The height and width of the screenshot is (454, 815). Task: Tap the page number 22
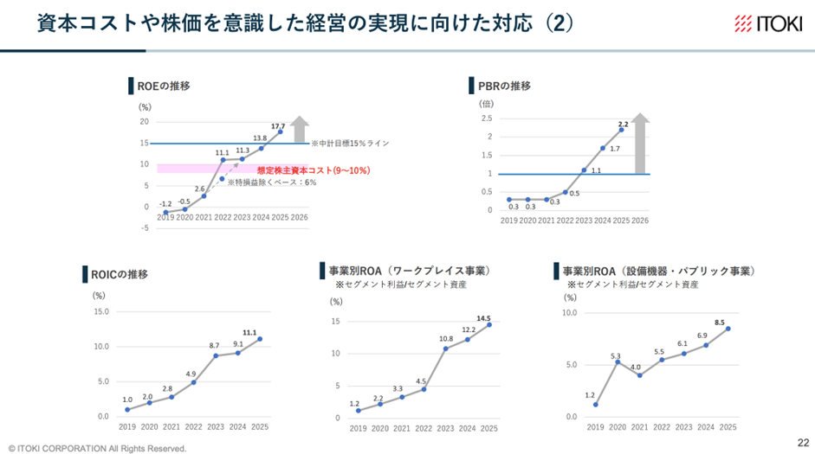click(799, 440)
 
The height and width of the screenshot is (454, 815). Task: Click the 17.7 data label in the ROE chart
click(278, 126)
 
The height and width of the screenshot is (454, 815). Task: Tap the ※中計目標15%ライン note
click(352, 143)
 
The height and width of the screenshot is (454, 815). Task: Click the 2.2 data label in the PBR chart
click(623, 124)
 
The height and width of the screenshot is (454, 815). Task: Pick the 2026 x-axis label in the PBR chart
click(640, 221)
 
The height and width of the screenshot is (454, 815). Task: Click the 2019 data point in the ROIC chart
click(127, 409)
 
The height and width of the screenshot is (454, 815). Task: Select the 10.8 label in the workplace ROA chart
click(446, 338)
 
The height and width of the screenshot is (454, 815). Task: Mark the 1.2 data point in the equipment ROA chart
click(596, 404)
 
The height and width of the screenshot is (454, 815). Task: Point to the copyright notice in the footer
click(97, 448)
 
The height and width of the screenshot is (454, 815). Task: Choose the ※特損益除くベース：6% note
click(271, 182)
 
